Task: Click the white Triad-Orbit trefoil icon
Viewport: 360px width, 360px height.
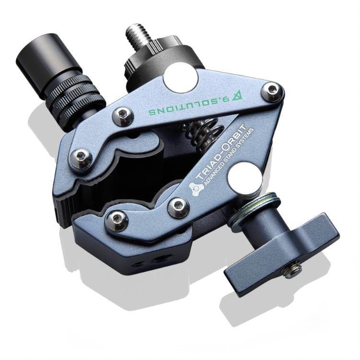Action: [196, 188]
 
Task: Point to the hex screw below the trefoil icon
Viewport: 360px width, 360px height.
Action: [178, 207]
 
